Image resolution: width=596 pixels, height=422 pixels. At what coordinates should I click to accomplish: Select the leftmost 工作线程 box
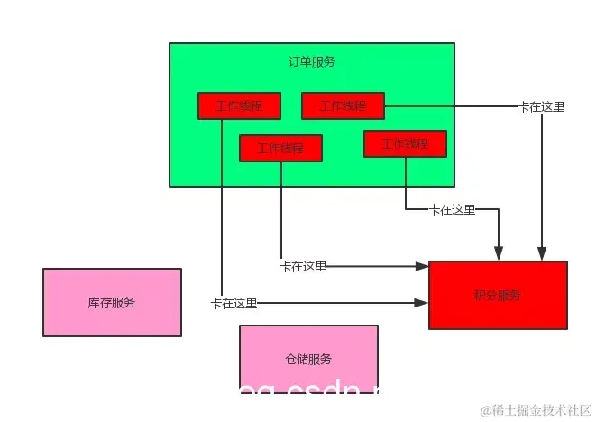pos(239,105)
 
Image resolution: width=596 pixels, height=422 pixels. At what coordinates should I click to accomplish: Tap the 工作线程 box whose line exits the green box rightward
pos(343,105)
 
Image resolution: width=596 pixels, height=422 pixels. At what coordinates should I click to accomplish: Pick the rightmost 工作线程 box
pos(405,143)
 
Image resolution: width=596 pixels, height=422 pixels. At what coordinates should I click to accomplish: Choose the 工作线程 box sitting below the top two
pos(280,148)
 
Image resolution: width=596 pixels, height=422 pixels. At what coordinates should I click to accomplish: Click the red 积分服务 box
pos(498,295)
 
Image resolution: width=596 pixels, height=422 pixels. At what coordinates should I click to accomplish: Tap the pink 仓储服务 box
pos(308,359)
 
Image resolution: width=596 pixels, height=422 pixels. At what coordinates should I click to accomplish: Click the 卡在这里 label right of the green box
pos(542,106)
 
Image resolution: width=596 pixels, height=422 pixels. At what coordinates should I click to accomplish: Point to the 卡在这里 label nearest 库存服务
pos(234,303)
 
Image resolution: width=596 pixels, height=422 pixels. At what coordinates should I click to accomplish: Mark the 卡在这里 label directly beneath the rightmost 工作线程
pos(452,209)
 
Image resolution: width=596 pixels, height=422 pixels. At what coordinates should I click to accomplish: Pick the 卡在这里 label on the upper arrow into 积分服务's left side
pos(303,266)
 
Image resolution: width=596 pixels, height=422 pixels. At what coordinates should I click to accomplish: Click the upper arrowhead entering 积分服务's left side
pos(422,266)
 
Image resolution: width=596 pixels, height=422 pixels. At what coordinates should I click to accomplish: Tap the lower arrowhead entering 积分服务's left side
pos(422,303)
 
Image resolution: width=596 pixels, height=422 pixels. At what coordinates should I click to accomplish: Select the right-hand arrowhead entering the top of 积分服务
pos(542,254)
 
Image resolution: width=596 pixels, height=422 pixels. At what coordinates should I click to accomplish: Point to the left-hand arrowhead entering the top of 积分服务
pos(499,254)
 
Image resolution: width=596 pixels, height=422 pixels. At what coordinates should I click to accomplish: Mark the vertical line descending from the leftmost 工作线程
pos(221,207)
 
